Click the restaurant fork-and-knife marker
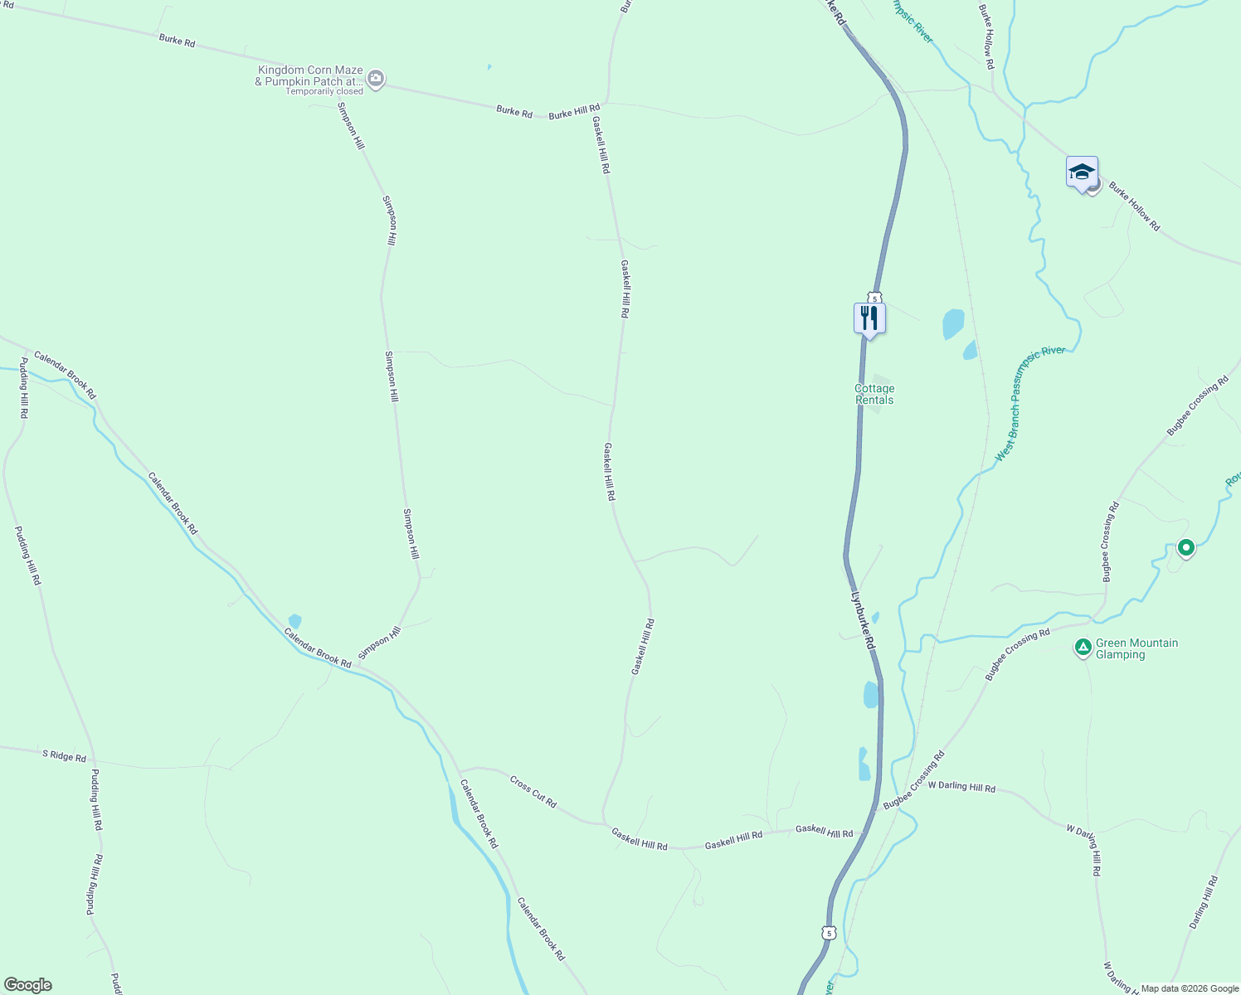click(x=869, y=318)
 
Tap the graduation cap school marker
click(x=1082, y=172)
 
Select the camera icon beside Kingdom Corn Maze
click(x=376, y=80)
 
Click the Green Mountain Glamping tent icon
click(x=1083, y=648)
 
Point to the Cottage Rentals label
click(x=874, y=394)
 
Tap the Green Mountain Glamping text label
click(x=1136, y=648)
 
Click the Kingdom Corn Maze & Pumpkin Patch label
click(x=309, y=75)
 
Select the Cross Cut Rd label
click(x=533, y=791)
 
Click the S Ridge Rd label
click(x=65, y=755)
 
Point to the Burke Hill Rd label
click(x=574, y=111)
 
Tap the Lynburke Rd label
click(x=863, y=620)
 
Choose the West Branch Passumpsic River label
click(x=1029, y=403)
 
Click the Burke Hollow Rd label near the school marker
click(x=1134, y=206)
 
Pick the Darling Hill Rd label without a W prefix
click(x=1204, y=902)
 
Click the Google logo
click(x=27, y=984)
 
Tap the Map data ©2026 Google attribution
click(x=1189, y=988)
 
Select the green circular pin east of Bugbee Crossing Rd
click(x=1185, y=547)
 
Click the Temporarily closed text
click(x=324, y=91)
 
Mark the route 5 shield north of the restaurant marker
click(x=874, y=298)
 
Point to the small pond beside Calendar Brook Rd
click(x=294, y=621)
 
